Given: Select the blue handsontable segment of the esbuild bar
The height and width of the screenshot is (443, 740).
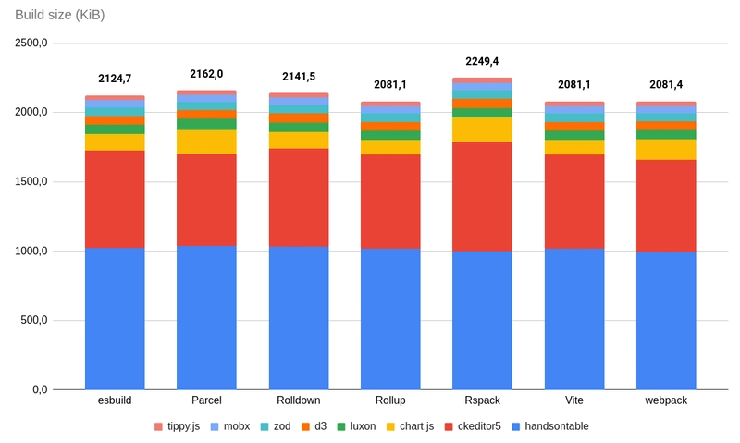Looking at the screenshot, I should point(115,319).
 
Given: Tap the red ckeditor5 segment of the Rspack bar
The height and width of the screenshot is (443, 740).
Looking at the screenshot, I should point(482,196).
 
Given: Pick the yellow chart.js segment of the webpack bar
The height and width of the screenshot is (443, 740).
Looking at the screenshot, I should point(666,149).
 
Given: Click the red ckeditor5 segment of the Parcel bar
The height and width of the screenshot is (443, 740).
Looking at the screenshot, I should point(206,199).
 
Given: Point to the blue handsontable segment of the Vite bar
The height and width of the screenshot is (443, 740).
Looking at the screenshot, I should point(574,319).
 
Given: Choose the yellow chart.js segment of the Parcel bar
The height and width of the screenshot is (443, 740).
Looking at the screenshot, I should point(206,142).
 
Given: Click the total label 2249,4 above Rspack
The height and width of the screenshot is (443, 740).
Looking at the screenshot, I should point(482,61).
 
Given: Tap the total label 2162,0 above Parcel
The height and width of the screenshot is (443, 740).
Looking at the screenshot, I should point(206,73).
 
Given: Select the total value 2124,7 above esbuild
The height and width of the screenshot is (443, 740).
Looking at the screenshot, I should point(115,78).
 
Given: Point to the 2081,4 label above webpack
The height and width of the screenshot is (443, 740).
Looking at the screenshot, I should point(666,84).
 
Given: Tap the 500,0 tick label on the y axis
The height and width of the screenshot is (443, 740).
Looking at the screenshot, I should point(35,321).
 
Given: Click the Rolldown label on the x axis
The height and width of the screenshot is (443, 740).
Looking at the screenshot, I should point(298,400).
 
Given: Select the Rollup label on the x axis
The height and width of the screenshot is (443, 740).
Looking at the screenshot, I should point(390,400).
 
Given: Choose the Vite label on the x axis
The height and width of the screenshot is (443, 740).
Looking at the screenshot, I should point(574,400).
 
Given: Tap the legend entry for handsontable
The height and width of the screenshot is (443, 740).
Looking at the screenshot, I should point(549,426).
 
